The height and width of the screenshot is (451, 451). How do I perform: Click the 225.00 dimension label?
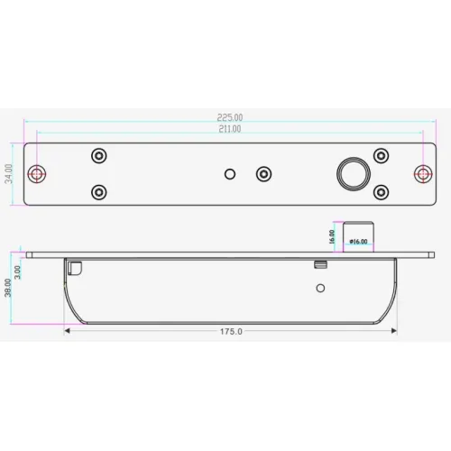[x=230, y=117]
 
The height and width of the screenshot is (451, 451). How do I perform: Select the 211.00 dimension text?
[x=229, y=129]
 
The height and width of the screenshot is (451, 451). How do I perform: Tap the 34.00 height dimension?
[x=8, y=172]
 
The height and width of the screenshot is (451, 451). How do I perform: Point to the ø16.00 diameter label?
[x=357, y=243]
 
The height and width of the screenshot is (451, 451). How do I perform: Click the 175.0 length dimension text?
[x=230, y=332]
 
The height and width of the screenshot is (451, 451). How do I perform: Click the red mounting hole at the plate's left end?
[x=38, y=172]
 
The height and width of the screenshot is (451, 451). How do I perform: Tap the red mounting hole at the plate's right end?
[x=422, y=172]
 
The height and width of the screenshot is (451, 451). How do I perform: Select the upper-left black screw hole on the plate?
[x=99, y=155]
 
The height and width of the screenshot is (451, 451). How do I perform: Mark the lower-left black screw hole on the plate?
[x=99, y=191]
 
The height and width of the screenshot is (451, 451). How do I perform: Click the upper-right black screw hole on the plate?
[x=382, y=155]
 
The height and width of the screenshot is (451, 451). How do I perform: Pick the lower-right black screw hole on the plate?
[x=382, y=191]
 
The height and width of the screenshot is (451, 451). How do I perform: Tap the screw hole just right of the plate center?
[x=263, y=172]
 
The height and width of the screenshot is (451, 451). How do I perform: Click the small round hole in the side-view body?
[x=318, y=289]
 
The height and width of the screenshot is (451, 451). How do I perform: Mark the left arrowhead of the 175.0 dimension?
[x=68, y=331]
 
